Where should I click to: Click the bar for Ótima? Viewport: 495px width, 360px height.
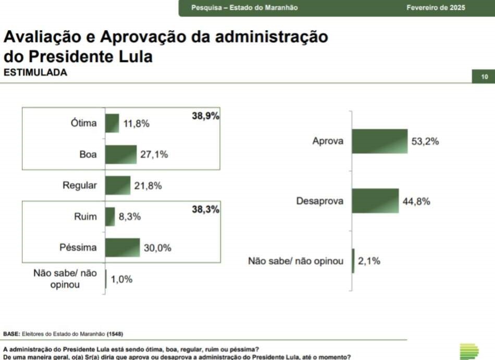112,123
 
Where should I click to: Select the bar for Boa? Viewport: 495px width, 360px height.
121,154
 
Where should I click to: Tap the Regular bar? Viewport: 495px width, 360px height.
118,185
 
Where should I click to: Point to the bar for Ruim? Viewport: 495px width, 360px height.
110,217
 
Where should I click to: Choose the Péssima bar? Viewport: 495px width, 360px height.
122,247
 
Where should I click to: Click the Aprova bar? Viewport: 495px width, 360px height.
379,141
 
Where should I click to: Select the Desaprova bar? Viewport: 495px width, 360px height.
375,201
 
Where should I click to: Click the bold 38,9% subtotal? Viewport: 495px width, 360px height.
206,116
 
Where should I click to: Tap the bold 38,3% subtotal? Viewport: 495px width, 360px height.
206,210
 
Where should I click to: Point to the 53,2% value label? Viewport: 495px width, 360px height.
425,141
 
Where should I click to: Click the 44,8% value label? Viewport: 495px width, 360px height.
416,202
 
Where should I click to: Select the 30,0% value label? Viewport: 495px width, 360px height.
157,248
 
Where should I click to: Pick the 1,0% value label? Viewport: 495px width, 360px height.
121,279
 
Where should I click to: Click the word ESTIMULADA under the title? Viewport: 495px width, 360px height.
35,73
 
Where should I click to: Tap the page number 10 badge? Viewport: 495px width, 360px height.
484,77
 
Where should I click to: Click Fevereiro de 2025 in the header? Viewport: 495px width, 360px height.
436,8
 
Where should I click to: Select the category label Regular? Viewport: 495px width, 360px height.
80,185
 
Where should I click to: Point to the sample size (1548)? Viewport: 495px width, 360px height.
115,333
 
